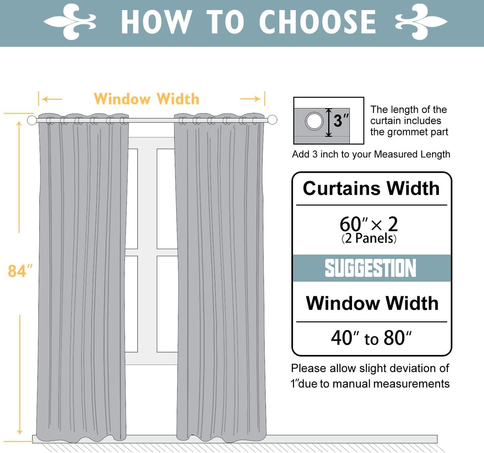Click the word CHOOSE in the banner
[x=317, y=22]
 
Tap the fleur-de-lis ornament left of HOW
[x=70, y=22]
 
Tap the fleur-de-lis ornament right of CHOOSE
[x=421, y=22]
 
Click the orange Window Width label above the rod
[x=146, y=99]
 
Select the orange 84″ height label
[x=20, y=271]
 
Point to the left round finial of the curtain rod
[x=32, y=120]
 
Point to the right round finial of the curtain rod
[x=272, y=120]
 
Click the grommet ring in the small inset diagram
[x=314, y=121]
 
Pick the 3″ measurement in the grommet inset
[x=341, y=121]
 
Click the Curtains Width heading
[x=371, y=188]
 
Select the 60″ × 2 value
[x=368, y=224]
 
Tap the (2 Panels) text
[x=369, y=238]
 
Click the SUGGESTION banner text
[x=370, y=268]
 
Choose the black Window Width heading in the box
[x=372, y=303]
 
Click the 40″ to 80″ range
[x=371, y=338]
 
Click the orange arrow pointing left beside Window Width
[x=52, y=99]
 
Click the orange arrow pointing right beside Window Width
[x=251, y=99]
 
